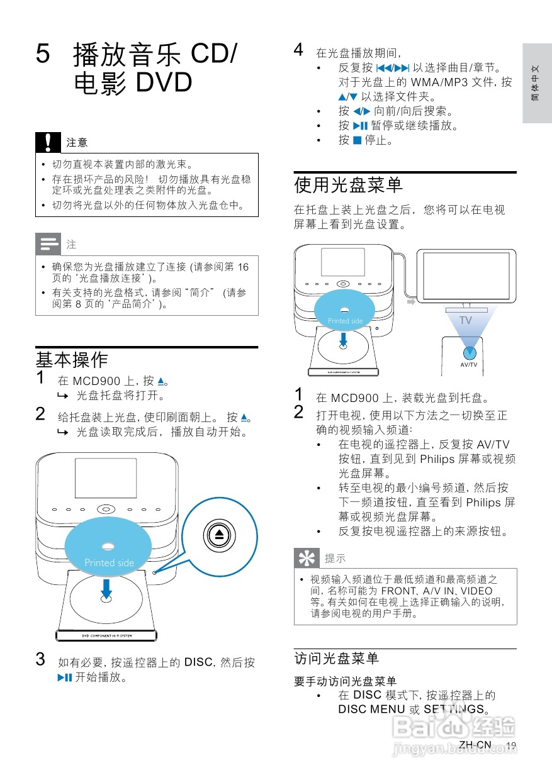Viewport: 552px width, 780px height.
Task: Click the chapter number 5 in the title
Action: coord(43,54)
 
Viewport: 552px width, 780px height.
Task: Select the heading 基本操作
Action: coord(72,360)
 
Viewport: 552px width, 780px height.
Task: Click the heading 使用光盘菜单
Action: coord(349,185)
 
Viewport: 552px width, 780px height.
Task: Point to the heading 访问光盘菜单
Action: coord(337,659)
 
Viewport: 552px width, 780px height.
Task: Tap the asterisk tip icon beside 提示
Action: coord(307,558)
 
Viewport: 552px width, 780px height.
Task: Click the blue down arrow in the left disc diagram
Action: coord(107,589)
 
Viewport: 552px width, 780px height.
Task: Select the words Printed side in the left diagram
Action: coord(109,563)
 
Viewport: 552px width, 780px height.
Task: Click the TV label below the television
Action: coord(465,320)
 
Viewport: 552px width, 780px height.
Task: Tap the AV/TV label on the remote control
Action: coord(469,365)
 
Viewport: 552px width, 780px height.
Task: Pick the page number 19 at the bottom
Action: coord(510,745)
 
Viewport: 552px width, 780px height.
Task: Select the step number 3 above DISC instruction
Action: coord(40,660)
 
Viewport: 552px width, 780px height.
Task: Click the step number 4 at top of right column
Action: coord(299,50)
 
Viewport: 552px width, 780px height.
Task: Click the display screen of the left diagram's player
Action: coord(106,480)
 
